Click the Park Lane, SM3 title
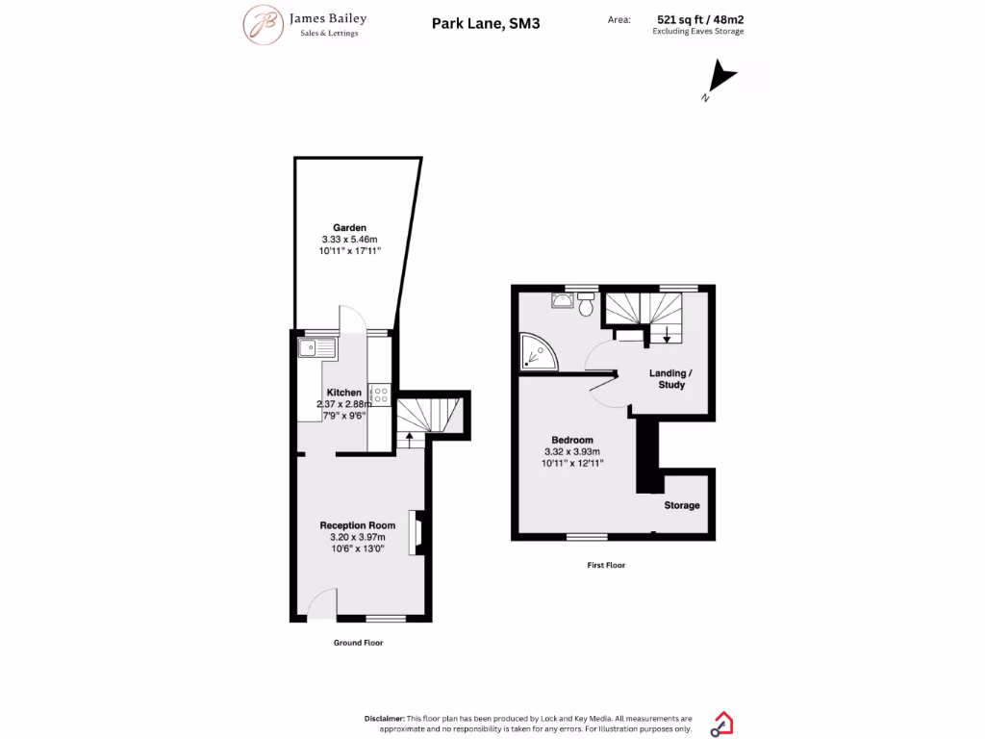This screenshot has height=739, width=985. click(486, 23)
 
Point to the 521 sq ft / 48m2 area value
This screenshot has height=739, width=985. click(700, 18)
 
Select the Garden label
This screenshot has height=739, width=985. click(349, 227)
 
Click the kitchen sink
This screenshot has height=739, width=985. click(316, 347)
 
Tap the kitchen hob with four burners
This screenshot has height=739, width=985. click(381, 393)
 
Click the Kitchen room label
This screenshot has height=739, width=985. click(343, 393)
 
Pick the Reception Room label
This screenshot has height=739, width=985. click(357, 525)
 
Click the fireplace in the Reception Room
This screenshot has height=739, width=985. click(415, 533)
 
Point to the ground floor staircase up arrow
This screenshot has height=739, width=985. click(410, 440)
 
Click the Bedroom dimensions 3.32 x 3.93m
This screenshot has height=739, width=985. click(571, 451)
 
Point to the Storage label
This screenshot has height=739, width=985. click(681, 505)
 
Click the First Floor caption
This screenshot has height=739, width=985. click(606, 566)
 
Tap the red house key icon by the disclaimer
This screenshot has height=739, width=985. click(721, 723)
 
